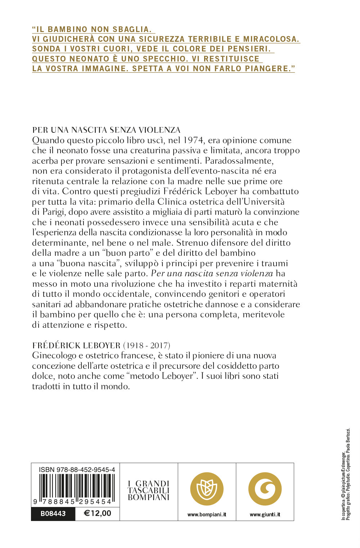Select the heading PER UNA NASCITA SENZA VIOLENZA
coord(106,130)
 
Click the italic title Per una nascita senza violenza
coord(212,273)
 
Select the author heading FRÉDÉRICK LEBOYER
coord(76,345)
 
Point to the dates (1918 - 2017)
coord(147,345)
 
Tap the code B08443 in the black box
coord(53,513)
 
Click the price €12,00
coord(97,513)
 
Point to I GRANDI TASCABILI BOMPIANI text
coord(149,490)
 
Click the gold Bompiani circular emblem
coord(207,489)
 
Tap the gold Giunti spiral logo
coord(265,489)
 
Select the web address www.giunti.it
coord(265,515)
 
